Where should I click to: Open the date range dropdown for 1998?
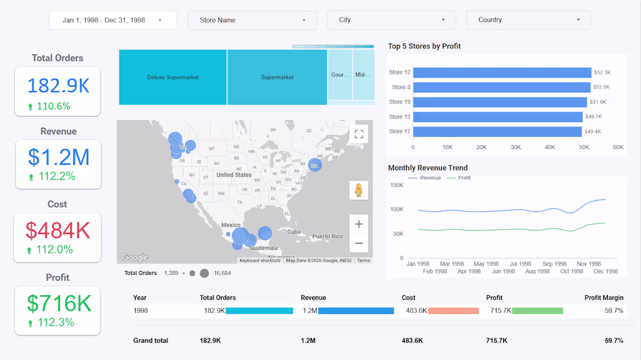pos(112,20)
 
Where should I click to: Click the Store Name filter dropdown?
pos(252,20)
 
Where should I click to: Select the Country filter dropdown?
pos(529,20)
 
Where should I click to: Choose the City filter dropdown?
pos(391,20)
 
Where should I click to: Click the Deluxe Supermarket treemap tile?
pos(172,77)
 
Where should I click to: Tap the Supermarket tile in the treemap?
pos(277,77)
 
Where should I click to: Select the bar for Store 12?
pos(502,72)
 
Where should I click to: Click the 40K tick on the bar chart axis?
pos(550,147)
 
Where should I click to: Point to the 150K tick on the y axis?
pos(396,185)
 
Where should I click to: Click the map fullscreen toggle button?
pos(359,135)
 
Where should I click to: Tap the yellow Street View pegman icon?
pos(359,190)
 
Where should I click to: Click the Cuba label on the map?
pos(293,231)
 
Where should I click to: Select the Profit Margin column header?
pos(604,298)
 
